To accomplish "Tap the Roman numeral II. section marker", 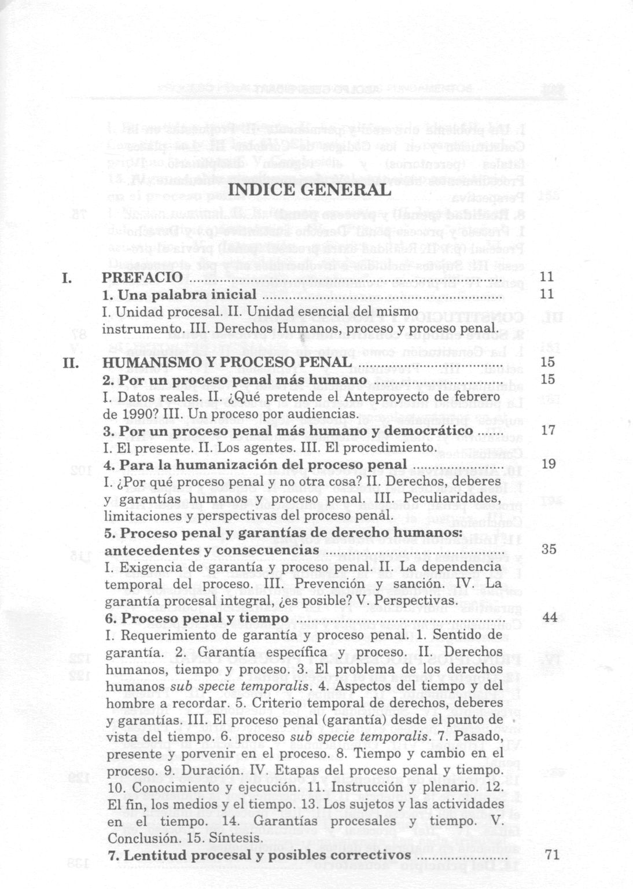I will click(70, 363).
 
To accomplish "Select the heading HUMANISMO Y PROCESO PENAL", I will click(226, 363).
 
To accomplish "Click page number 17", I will click(547, 431).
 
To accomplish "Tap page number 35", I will click(549, 549).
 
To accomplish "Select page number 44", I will click(550, 618).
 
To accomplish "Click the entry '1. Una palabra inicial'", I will click(179, 295).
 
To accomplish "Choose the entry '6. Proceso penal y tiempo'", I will click(197, 618).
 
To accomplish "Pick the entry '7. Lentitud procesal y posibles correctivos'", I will click(260, 855).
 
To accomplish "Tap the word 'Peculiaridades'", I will click(450, 498).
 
